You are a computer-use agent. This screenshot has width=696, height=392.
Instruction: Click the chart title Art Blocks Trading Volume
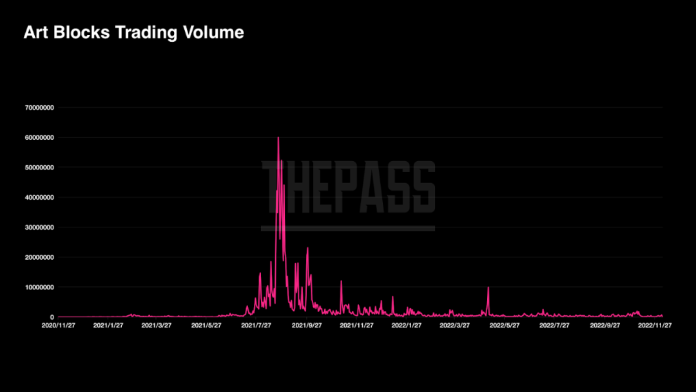click(x=133, y=32)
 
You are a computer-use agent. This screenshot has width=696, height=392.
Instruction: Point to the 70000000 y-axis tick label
click(x=39, y=108)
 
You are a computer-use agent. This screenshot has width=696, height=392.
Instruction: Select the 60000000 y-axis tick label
click(x=39, y=137)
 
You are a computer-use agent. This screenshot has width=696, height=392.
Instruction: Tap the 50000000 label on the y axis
click(x=39, y=168)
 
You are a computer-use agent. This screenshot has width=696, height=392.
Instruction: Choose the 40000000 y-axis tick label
click(x=39, y=197)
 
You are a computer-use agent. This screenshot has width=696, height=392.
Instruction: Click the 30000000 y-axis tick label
click(x=39, y=228)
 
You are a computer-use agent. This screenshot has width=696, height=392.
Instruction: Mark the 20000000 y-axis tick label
click(x=39, y=257)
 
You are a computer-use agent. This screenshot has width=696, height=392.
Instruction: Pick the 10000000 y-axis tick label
click(x=39, y=287)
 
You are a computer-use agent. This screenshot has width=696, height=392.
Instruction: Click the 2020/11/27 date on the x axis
click(x=59, y=326)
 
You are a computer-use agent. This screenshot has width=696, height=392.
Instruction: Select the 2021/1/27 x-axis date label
click(x=108, y=326)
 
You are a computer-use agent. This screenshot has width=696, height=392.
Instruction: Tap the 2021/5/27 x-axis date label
click(x=206, y=326)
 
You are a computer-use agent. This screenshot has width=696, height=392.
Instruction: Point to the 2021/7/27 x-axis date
click(x=256, y=326)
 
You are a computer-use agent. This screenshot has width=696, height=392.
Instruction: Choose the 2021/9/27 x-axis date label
click(x=307, y=326)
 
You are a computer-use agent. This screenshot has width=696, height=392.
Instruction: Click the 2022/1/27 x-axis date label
click(x=406, y=326)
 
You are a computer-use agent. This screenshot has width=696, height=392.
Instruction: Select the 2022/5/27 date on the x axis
click(x=505, y=326)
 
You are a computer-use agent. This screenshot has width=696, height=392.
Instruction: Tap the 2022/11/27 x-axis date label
click(x=655, y=326)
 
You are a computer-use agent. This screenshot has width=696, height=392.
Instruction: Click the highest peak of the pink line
click(x=278, y=137)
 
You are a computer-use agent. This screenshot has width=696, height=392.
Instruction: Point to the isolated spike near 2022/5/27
click(x=488, y=288)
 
